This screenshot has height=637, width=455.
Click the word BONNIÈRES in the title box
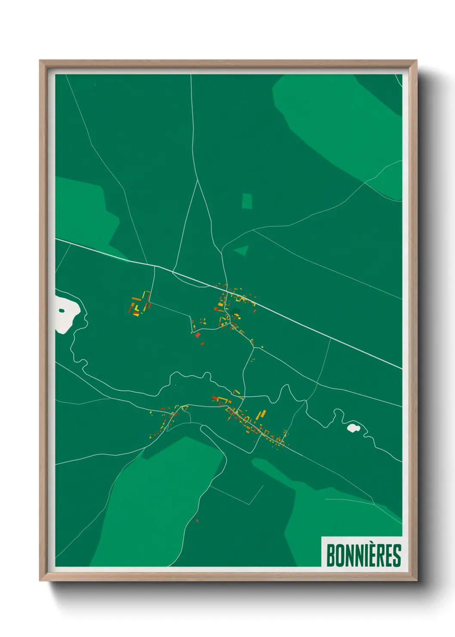pos(363,555)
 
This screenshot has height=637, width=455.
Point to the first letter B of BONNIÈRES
pos(331,556)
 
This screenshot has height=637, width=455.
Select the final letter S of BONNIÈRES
pos(397,556)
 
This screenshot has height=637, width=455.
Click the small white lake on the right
pos(353,428)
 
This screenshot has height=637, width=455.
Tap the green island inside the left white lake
pos(62,310)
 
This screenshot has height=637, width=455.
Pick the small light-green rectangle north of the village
pos(247,201)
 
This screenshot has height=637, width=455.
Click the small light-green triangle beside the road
pos(242,250)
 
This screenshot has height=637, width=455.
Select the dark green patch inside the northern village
pos(235,312)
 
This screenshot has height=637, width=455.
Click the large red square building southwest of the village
pos(198,334)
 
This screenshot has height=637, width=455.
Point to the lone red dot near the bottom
pos(197,521)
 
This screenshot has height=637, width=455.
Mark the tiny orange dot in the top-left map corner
pos(95,85)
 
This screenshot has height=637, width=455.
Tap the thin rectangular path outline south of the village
pos(237,495)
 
